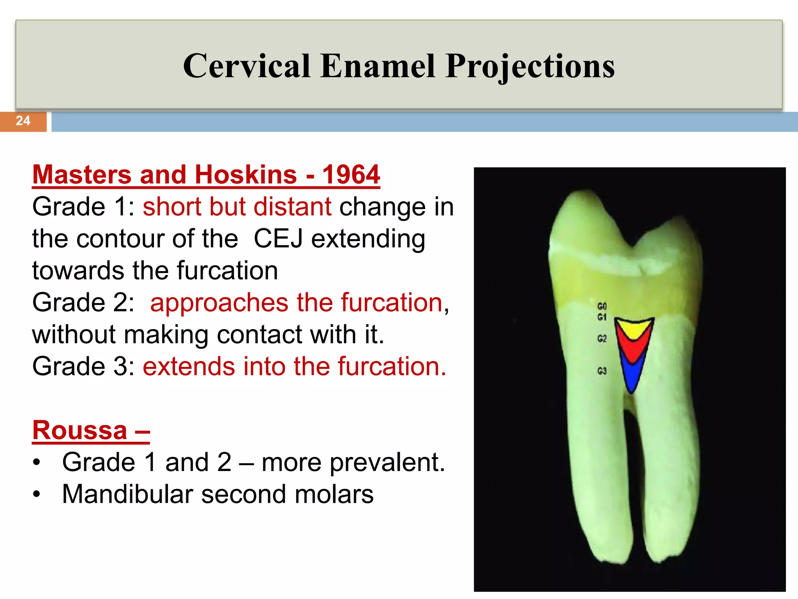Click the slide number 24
point(23,121)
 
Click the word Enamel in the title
point(377,66)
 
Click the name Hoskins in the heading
point(245,174)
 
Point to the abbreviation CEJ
point(278,239)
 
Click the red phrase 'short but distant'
point(237,207)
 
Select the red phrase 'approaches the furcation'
point(297,303)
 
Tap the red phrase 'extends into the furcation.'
point(294,367)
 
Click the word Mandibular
point(127,494)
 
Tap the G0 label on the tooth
point(602,306)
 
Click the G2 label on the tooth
point(602,338)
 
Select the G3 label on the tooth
point(602,370)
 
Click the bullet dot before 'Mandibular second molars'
point(37,494)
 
